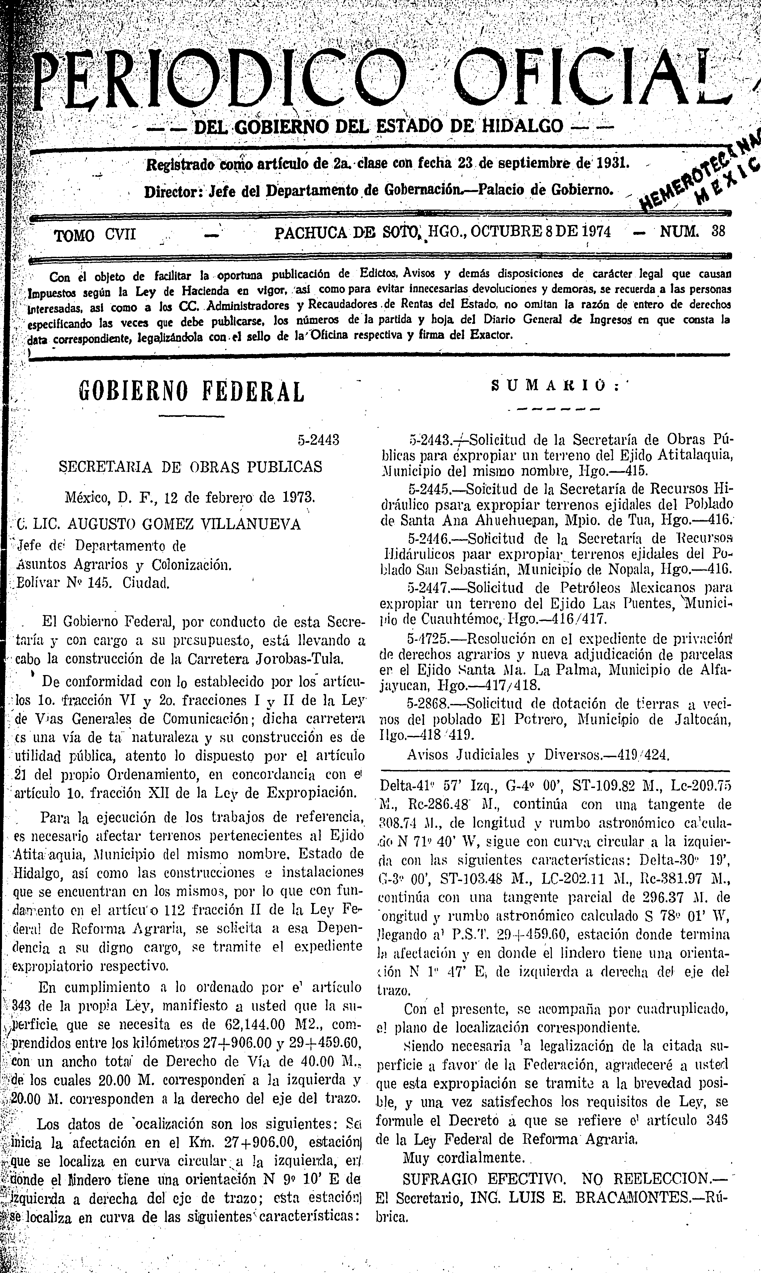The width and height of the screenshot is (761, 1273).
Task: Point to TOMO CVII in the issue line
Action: pyautogui.click(x=96, y=235)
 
